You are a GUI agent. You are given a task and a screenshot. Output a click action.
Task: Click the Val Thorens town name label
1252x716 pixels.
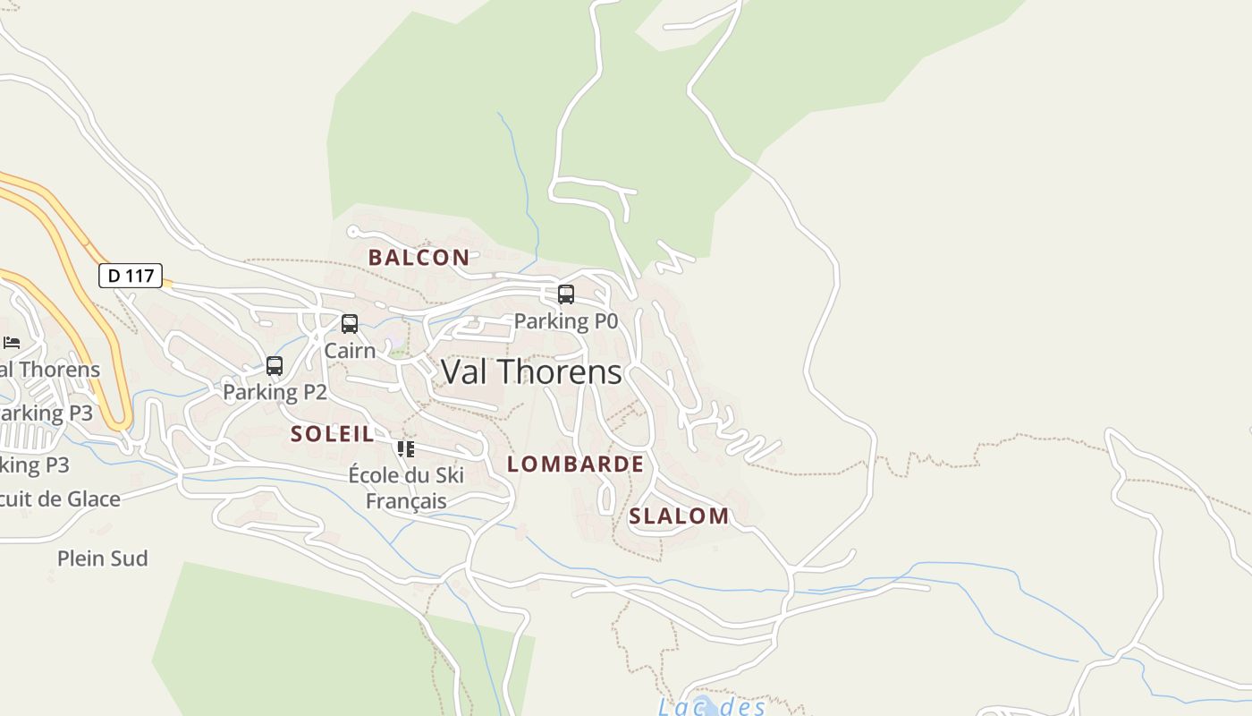coord(531,371)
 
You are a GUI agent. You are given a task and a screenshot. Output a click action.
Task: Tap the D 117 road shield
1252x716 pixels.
coord(131,276)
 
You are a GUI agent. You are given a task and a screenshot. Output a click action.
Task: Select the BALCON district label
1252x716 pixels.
coord(419,258)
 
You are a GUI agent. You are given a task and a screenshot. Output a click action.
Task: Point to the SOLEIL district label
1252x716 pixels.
coord(332,434)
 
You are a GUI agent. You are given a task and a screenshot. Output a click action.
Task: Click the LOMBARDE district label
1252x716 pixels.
coord(575,464)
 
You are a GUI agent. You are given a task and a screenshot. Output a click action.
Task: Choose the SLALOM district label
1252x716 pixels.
coord(679,516)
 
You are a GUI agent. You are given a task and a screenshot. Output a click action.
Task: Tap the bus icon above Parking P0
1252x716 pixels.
coord(565,294)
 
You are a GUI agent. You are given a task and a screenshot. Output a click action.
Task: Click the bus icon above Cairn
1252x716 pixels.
coord(350,323)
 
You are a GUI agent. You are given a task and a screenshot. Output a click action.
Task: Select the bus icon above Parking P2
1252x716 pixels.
coord(275,365)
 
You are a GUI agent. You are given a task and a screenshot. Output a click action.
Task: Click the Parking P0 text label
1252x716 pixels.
coord(565,321)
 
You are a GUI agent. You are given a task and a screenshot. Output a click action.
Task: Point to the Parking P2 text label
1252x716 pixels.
coord(275,392)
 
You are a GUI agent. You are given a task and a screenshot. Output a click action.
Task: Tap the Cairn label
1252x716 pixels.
coord(350,350)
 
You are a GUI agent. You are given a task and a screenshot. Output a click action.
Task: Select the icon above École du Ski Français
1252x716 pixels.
coord(406,448)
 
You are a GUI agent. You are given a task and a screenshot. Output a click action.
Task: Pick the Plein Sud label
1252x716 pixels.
coord(102,558)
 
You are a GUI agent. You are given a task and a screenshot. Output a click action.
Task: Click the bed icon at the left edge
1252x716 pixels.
coord(12,342)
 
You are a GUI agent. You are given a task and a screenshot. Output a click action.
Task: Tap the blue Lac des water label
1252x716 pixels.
coord(712,707)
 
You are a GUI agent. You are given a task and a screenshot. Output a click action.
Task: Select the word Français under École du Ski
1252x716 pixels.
coord(406,500)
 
